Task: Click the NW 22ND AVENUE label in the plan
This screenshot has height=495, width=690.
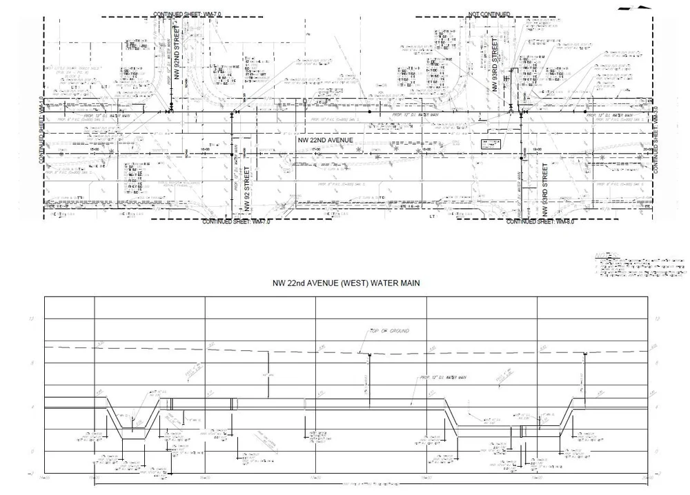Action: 325,140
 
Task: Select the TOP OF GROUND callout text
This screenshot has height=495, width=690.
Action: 390,331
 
